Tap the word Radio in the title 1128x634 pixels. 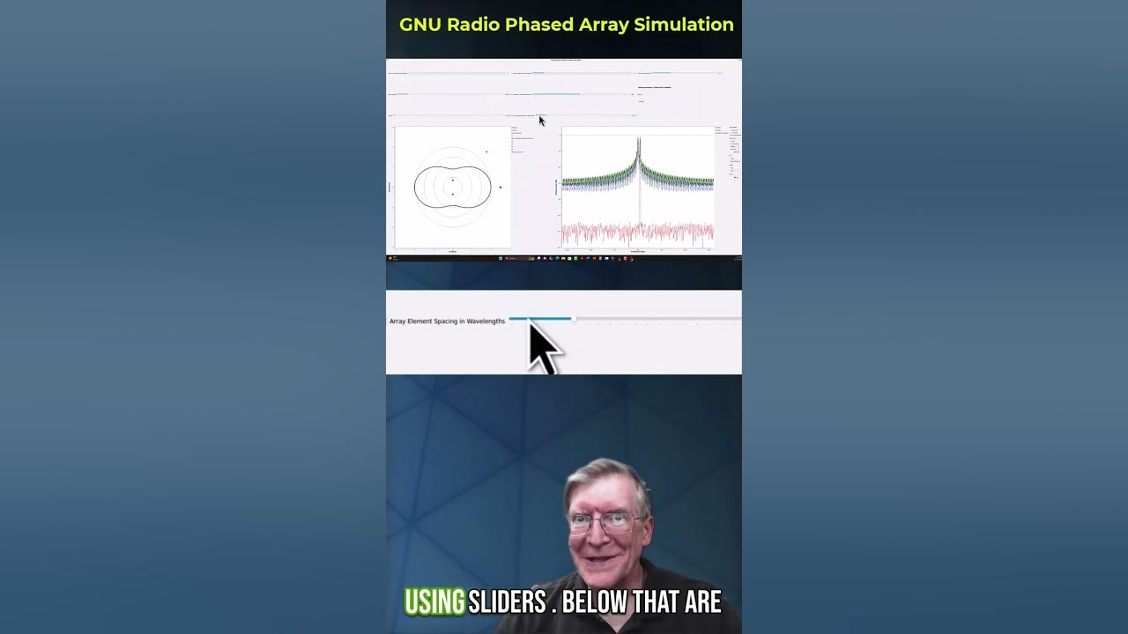[x=473, y=25]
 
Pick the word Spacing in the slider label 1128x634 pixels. [x=446, y=321]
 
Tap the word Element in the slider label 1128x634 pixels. [x=420, y=321]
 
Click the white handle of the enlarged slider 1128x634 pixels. [x=574, y=318]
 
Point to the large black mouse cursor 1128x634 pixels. [x=542, y=346]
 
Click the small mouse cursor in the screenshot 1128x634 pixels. [x=542, y=121]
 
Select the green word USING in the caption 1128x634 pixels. [x=434, y=602]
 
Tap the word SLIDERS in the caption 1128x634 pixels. [x=507, y=602]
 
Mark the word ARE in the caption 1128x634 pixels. [x=704, y=602]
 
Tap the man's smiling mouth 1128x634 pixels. [x=607, y=557]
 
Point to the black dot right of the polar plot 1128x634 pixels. [x=501, y=187]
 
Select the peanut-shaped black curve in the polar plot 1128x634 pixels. [x=415, y=187]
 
